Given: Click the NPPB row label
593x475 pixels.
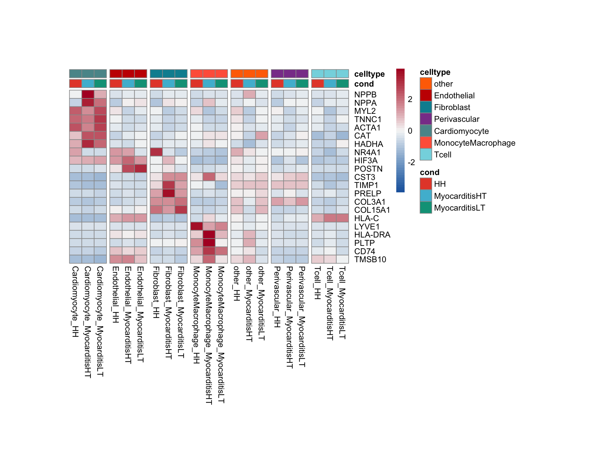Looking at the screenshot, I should point(365,95).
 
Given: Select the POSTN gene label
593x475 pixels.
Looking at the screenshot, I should point(368,169).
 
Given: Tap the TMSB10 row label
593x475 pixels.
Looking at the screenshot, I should point(370,259).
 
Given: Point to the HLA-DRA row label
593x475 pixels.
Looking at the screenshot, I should point(372,235).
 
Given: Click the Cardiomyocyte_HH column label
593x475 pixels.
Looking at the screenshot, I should point(75,302).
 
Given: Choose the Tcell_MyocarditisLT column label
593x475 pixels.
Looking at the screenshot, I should point(342,303).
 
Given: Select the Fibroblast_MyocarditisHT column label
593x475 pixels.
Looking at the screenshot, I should point(169,313).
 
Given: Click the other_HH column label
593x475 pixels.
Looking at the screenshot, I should point(237,284).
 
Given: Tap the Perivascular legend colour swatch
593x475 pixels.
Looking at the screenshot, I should point(426,119).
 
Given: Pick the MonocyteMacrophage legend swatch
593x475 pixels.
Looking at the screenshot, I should point(426,143).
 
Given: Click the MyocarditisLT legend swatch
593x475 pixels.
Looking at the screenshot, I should point(426,208).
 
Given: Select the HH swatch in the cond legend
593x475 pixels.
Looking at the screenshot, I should point(426,184).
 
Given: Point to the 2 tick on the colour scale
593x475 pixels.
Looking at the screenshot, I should point(410,99).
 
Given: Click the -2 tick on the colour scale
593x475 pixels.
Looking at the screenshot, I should point(411,162).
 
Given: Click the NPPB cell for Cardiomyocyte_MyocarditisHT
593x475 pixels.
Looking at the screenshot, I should point(88,94).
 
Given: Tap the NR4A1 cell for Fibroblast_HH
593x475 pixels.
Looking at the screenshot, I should point(156,152).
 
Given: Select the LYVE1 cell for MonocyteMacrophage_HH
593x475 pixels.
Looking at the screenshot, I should point(197,226).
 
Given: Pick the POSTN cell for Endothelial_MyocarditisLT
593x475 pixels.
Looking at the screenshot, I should point(141,169).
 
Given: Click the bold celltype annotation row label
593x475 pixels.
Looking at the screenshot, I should point(369,74).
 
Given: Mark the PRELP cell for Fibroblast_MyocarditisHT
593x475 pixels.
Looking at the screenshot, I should point(169,193).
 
